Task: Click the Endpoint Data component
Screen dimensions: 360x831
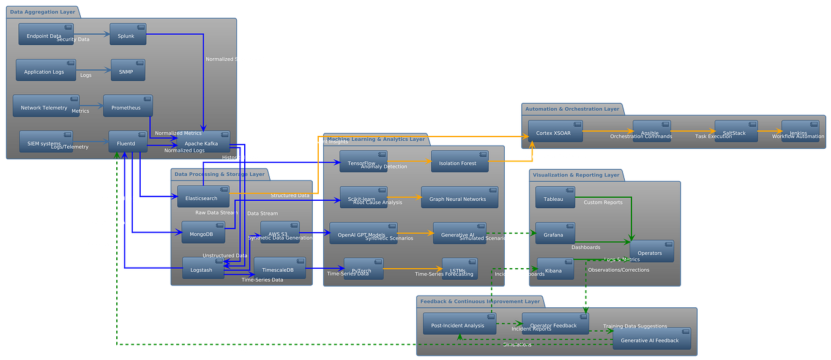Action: click(46, 34)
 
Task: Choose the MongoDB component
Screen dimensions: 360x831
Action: click(203, 233)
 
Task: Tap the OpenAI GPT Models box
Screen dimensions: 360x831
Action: click(363, 233)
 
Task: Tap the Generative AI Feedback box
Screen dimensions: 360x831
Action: click(652, 339)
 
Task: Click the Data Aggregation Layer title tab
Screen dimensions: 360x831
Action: click(42, 12)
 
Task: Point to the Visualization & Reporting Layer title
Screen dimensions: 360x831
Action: click(576, 175)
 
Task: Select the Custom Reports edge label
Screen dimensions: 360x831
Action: click(603, 202)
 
